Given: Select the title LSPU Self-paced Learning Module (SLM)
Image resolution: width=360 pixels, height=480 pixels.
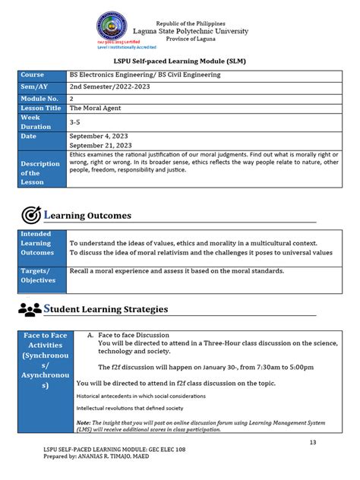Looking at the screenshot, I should point(179,61).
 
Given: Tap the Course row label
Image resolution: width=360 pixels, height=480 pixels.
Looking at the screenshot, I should point(33,75).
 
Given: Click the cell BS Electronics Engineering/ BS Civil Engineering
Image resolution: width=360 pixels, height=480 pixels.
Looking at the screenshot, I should point(144,75).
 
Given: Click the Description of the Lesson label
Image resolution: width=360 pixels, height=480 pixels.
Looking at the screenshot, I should point(40,172).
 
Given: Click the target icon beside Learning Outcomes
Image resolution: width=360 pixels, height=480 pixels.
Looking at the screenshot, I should point(31,215).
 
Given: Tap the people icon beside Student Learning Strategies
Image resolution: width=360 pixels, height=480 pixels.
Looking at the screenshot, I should point(29,310).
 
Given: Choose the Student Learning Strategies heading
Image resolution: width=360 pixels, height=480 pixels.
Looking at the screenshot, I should point(106,310).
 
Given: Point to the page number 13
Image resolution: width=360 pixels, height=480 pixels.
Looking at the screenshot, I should point(312,443).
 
